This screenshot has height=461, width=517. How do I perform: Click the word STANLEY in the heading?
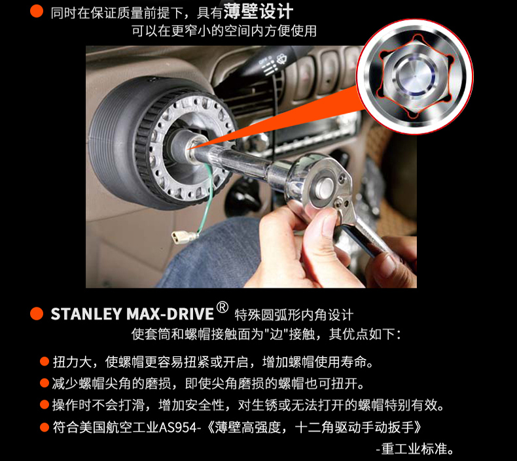[x=86, y=314]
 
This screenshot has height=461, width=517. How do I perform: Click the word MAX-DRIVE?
[x=170, y=314]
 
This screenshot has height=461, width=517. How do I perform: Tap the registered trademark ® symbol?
[x=223, y=307]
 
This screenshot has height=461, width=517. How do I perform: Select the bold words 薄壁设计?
[x=258, y=12]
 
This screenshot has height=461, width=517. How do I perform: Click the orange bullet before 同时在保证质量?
[x=37, y=12]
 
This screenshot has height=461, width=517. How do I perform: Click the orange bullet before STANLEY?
[x=37, y=314]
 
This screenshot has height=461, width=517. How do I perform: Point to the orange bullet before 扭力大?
[x=45, y=362]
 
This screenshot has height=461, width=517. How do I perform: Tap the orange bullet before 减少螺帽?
[x=45, y=383]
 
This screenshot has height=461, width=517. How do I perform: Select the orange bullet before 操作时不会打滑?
[x=45, y=405]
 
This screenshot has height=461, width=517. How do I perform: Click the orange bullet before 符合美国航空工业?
[x=45, y=428]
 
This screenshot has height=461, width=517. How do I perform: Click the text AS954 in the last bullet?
[x=178, y=428]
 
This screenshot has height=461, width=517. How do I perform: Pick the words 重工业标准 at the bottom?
[x=414, y=449]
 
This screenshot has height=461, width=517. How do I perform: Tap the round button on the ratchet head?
[x=325, y=187]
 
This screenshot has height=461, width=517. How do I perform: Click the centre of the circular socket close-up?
[x=415, y=77]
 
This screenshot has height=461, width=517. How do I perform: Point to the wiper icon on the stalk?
[x=281, y=60]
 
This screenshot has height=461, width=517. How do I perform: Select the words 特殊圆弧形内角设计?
[x=294, y=315]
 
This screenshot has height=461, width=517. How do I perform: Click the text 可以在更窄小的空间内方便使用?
[x=224, y=31]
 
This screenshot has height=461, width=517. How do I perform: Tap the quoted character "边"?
[x=276, y=334]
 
